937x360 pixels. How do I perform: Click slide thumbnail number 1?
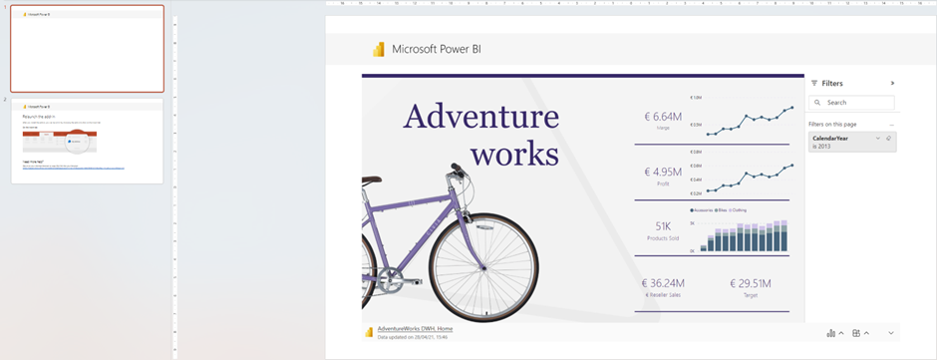[87, 50]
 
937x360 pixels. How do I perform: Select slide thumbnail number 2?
[87, 141]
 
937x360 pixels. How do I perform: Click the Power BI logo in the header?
[379, 49]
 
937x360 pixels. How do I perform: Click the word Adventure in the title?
[480, 117]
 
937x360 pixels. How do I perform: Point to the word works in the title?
[514, 154]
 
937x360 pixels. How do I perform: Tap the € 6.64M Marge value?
[663, 117]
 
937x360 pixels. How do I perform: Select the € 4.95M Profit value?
[663, 172]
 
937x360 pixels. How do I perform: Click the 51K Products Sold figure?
[663, 226]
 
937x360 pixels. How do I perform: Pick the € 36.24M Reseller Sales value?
[663, 283]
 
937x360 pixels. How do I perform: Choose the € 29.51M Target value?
[751, 283]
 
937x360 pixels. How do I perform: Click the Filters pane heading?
[831, 84]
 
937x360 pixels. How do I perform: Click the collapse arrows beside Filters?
[892, 84]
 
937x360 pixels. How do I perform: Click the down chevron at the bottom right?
[891, 333]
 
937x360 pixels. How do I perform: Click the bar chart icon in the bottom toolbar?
[831, 333]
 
